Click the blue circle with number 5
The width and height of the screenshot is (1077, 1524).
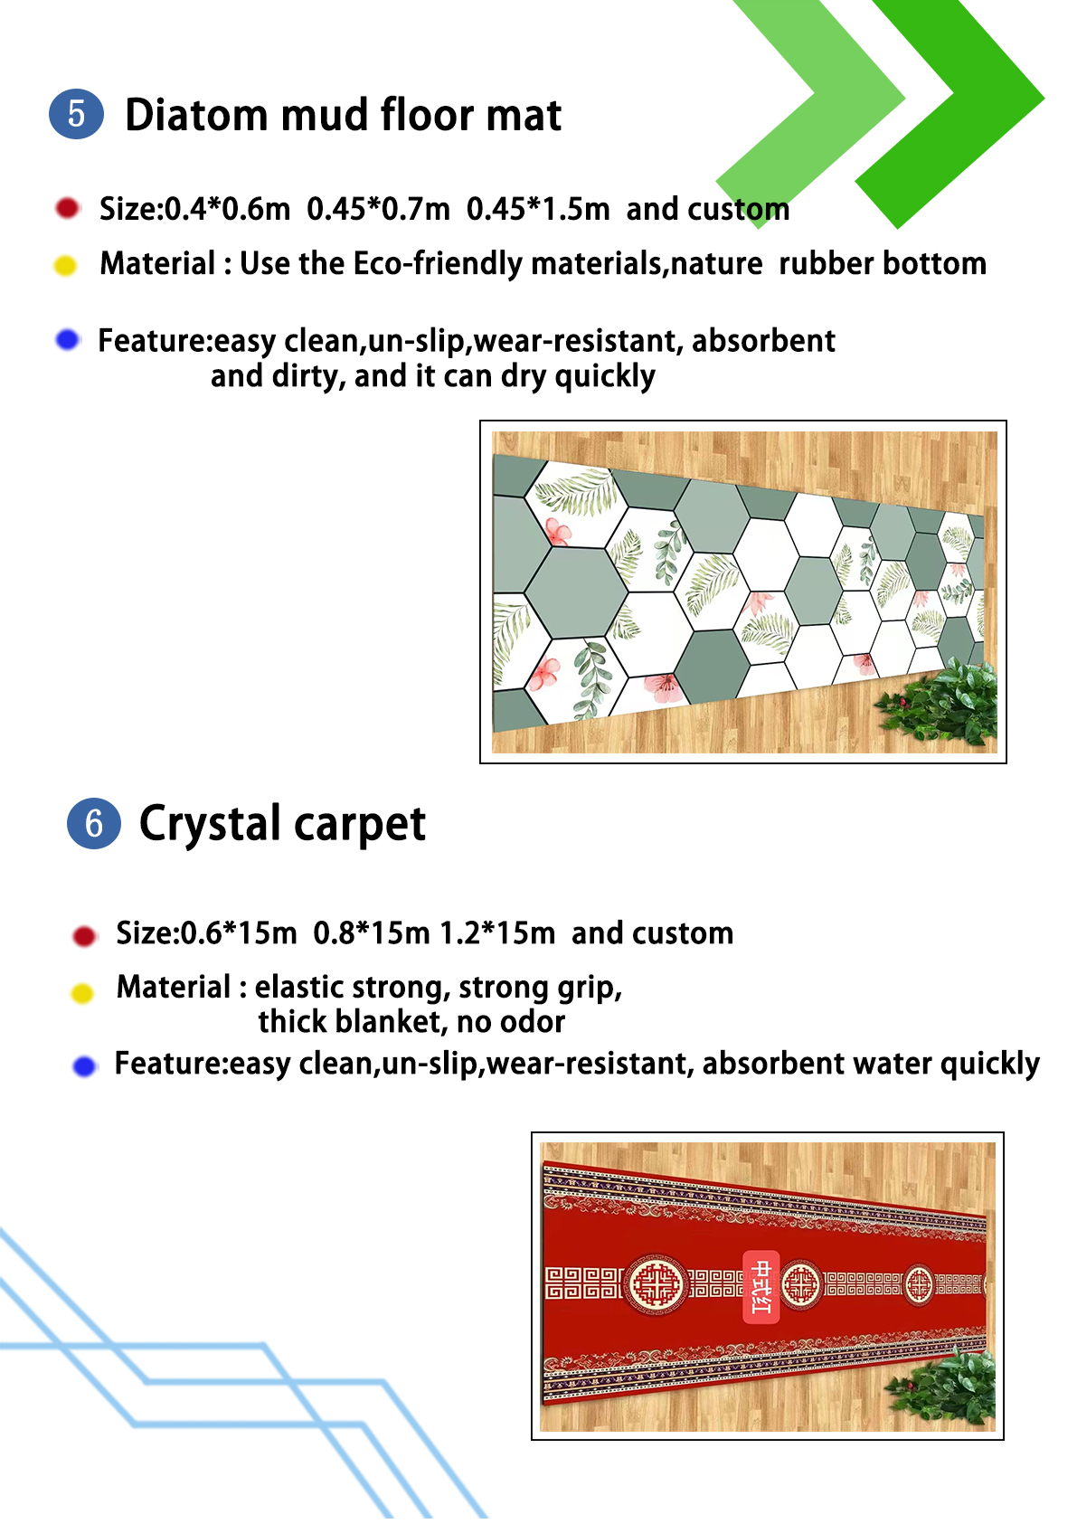(76, 114)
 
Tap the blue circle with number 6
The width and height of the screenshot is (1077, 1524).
(94, 824)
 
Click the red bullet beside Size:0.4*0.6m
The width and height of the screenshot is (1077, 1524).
(67, 208)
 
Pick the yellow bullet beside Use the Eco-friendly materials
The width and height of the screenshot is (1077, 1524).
(65, 265)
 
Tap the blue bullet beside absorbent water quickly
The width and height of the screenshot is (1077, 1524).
(85, 1066)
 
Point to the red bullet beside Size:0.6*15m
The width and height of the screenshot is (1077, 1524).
(84, 936)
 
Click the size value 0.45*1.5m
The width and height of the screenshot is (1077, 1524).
(538, 209)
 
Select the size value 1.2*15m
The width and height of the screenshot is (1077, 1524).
(497, 933)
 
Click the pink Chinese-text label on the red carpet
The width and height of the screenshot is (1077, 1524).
(761, 1286)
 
